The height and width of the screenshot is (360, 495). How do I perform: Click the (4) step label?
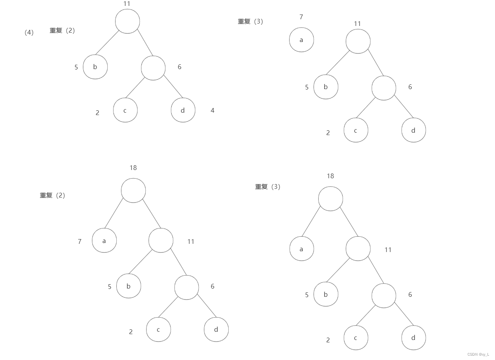(x=29, y=33)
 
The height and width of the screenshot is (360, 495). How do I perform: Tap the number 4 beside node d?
(x=213, y=111)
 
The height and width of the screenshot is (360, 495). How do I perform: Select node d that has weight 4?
(x=183, y=110)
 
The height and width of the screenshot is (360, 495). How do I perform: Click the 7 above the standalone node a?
(x=301, y=17)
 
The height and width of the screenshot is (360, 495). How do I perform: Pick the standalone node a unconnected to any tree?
(x=301, y=40)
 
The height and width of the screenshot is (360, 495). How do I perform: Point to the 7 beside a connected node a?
(x=80, y=241)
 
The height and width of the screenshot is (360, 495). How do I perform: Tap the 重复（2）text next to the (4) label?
(x=62, y=31)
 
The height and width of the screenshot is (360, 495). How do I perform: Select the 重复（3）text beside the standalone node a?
(x=250, y=22)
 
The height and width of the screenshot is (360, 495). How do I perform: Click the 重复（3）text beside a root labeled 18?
(x=268, y=187)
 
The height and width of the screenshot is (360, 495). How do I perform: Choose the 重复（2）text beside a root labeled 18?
(x=52, y=196)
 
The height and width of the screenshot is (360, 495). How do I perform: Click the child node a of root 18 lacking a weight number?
(x=302, y=249)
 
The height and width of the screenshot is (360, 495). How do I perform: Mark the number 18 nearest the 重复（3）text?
(x=330, y=176)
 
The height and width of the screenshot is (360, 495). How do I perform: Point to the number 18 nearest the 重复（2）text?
(x=133, y=168)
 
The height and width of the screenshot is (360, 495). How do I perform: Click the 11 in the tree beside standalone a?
(x=357, y=24)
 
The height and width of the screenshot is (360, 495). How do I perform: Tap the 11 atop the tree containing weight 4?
(x=126, y=4)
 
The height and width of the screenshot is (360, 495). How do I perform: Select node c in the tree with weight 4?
(x=125, y=110)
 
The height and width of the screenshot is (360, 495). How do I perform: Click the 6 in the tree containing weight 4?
(x=180, y=67)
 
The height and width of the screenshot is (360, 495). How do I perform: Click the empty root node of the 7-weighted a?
(x=133, y=190)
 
